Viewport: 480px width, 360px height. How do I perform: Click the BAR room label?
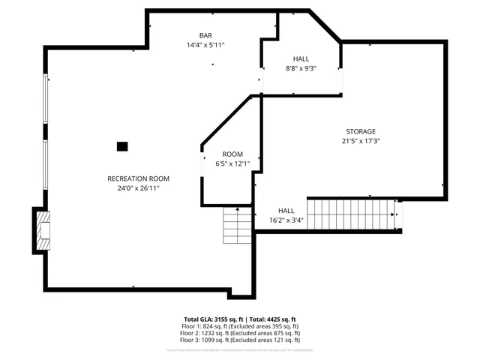(205, 36)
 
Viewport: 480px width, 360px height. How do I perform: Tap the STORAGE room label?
(361, 131)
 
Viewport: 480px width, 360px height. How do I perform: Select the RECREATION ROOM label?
(139, 178)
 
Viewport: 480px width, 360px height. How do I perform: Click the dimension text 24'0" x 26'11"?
(139, 188)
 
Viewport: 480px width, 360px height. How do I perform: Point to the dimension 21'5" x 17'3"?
(361, 141)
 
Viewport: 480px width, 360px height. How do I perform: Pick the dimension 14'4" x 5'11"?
(205, 46)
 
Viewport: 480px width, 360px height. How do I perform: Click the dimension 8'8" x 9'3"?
(301, 68)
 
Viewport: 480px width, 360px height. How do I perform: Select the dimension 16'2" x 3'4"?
(286, 220)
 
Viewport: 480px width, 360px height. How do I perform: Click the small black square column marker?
(123, 146)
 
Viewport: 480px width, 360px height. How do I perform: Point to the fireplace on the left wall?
(43, 229)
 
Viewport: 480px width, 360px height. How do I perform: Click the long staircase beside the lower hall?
(351, 214)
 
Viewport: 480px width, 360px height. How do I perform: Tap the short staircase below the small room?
(237, 224)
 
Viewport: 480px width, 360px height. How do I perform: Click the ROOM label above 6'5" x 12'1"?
(232, 154)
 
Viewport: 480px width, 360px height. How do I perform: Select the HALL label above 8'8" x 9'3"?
(301, 58)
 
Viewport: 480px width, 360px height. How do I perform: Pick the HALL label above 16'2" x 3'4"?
(286, 211)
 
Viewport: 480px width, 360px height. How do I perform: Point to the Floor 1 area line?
(240, 326)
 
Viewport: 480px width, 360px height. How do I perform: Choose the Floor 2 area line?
(240, 333)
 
